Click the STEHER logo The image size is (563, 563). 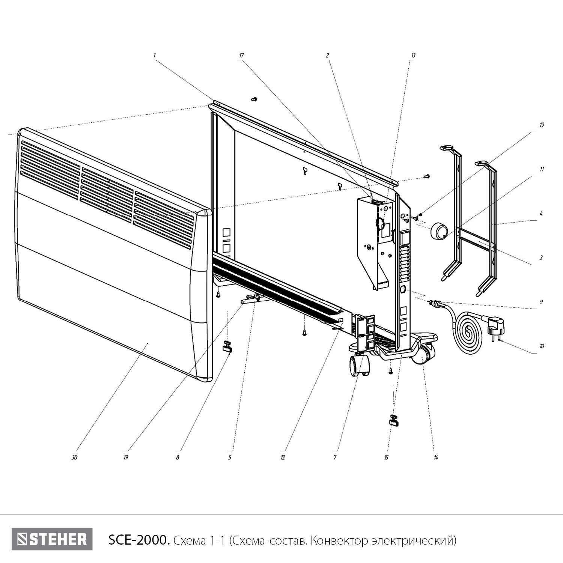coord(52,539)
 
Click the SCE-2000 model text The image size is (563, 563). coord(138,540)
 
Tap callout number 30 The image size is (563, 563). coord(74,458)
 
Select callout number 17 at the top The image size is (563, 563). coord(241,56)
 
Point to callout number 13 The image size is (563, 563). coord(413,56)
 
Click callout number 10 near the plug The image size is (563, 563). coord(542,346)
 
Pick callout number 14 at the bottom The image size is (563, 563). coord(436,458)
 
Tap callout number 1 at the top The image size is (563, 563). coord(154,56)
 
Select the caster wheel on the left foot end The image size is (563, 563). coord(360,366)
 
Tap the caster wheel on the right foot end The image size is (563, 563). coord(423,354)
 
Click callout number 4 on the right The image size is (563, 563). coord(541,214)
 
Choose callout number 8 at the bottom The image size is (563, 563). coord(178,458)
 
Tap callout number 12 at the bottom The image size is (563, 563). coord(283,458)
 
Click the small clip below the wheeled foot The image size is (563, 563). coord(394,420)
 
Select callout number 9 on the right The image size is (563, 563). coord(541,302)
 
